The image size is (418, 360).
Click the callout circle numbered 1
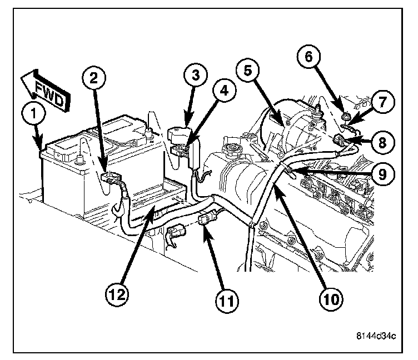[34, 116]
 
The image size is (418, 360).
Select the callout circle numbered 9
[382, 174]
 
